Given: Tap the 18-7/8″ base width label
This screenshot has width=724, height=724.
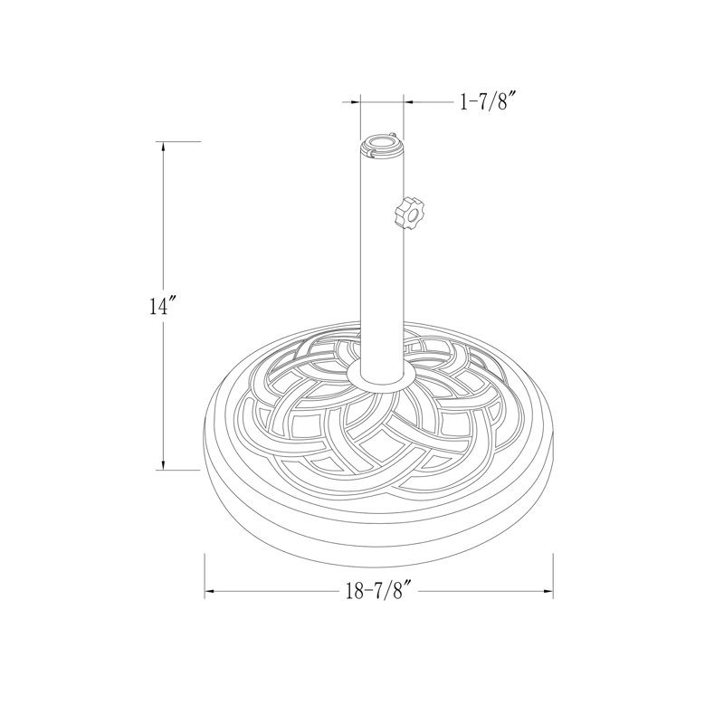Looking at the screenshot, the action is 378,591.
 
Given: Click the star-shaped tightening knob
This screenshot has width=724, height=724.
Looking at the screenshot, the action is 409,213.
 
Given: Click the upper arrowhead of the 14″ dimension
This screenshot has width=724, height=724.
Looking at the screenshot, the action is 163,147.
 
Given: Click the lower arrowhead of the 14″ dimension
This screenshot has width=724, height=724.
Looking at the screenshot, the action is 163,464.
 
